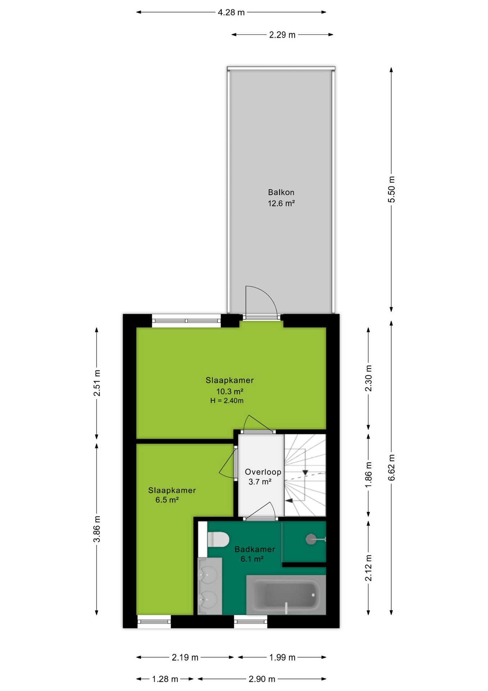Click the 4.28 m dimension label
click(x=231, y=13)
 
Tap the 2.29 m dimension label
click(x=282, y=35)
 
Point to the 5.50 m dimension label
click(x=391, y=189)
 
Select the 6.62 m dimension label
click(x=391, y=467)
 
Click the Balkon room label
click(x=281, y=192)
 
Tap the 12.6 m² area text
click(x=281, y=203)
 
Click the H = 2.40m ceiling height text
click(x=227, y=401)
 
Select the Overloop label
click(x=263, y=472)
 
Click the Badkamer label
click(x=255, y=549)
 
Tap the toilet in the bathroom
click(x=218, y=539)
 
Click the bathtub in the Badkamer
click(x=286, y=595)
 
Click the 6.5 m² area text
click(x=167, y=500)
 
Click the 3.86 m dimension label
click(x=97, y=529)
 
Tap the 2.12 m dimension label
click(x=368, y=568)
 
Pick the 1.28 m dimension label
click(x=165, y=679)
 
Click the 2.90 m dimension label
click(x=262, y=679)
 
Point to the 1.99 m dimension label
click(x=282, y=658)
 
